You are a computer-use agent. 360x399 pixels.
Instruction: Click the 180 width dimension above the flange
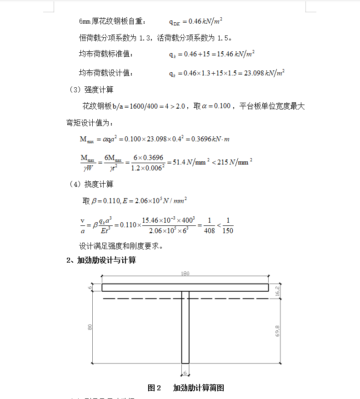tap(185, 274)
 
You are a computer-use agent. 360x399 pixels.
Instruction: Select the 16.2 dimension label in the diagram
tap(277, 292)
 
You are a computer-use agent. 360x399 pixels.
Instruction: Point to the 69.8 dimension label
tap(277, 332)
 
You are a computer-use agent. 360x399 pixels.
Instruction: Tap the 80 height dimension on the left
tap(90, 326)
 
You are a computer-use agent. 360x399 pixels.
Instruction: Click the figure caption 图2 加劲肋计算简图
tap(186, 388)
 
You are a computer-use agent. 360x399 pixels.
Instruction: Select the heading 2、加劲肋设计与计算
tap(101, 260)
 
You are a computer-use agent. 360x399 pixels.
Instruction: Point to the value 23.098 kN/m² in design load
tap(264, 73)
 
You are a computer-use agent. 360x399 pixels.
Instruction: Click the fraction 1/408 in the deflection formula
tap(209, 225)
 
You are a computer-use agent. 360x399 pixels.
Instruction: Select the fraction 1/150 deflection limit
tap(228, 225)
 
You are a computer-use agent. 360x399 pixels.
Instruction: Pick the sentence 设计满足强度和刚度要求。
tap(121, 246)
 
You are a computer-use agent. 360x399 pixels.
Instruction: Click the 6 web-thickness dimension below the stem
tap(185, 373)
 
